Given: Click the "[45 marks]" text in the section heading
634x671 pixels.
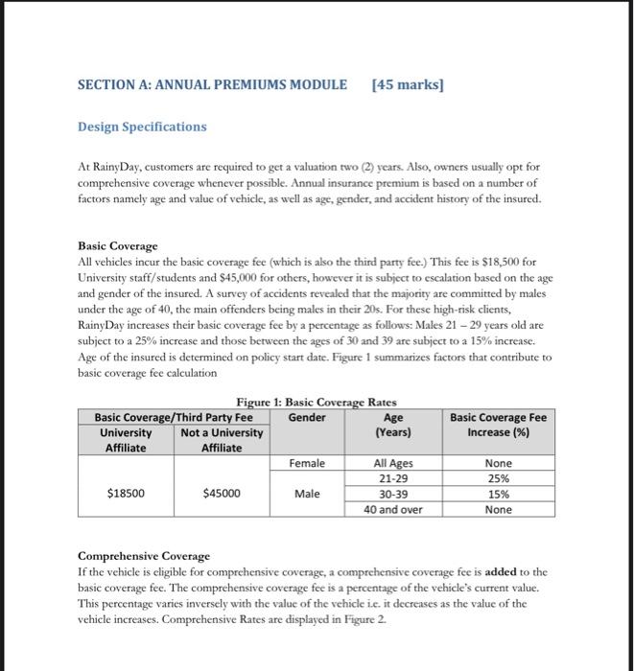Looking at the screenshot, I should pyautogui.click(x=408, y=84).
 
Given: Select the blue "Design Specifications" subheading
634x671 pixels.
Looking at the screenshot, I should pyautogui.click(x=142, y=127).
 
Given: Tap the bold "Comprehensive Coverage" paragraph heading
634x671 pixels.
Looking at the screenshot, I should pyautogui.click(x=143, y=556).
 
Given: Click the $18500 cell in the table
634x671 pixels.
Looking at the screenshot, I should pyautogui.click(x=126, y=494).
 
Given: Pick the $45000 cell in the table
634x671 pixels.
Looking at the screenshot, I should pyautogui.click(x=222, y=494).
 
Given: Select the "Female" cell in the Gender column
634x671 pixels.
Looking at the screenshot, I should pyautogui.click(x=307, y=463).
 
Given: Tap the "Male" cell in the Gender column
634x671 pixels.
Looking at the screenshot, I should pyautogui.click(x=307, y=495).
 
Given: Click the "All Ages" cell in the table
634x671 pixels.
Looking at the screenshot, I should pyautogui.click(x=393, y=463).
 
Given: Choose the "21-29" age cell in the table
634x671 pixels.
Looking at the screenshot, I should pyautogui.click(x=393, y=478).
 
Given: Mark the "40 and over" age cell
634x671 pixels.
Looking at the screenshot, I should pyautogui.click(x=393, y=510).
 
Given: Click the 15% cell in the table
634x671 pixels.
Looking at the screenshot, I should pyautogui.click(x=498, y=494).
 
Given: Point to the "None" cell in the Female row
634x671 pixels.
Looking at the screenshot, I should pyautogui.click(x=498, y=463).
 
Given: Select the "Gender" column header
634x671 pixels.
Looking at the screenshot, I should pyautogui.click(x=307, y=417).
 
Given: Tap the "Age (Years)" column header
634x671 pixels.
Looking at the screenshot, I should pyautogui.click(x=393, y=425).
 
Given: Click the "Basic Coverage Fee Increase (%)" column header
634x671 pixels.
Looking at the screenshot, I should pyautogui.click(x=498, y=425).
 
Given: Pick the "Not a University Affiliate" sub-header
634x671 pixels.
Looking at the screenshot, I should pyautogui.click(x=222, y=440).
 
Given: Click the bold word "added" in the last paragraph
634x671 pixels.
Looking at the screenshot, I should pyautogui.click(x=502, y=570).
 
